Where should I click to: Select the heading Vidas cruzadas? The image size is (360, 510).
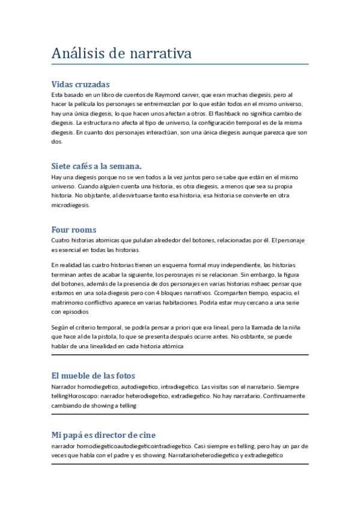pos(81,84)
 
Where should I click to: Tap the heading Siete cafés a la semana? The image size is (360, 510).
pos(96,166)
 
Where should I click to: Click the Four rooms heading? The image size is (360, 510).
pos(74,230)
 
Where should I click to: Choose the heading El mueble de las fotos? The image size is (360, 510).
pos(93,375)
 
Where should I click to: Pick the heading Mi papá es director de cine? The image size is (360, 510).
pos(104,434)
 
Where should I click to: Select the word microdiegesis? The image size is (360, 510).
pos(70,204)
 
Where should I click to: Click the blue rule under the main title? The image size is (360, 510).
pos(180,64)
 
